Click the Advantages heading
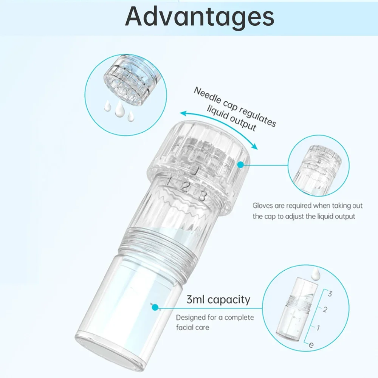tap(199, 17)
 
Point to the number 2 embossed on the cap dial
tap(185, 186)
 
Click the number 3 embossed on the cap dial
tap(202, 196)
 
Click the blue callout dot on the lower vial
tap(154, 307)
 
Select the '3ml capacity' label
tap(218, 300)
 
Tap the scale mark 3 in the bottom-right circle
tap(330, 293)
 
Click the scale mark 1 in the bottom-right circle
tap(318, 327)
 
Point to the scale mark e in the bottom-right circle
tap(311, 344)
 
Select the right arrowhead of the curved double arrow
tap(255, 148)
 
